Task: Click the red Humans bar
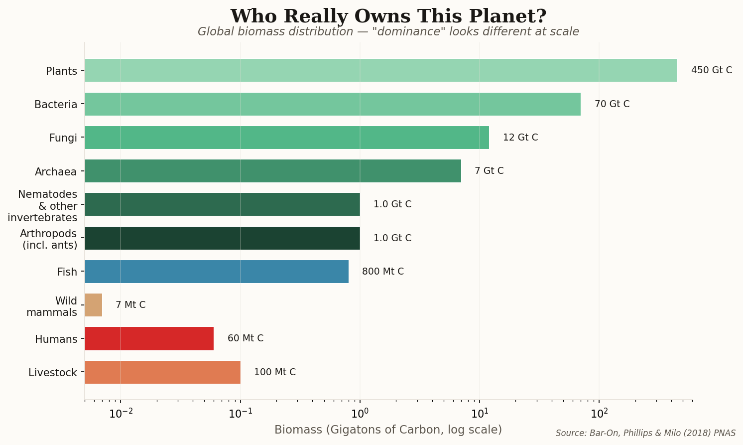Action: (x=149, y=338)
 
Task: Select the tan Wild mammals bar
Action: (x=94, y=305)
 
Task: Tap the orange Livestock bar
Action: (x=162, y=372)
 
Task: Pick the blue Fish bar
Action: (x=217, y=272)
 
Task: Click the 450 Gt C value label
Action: (x=711, y=70)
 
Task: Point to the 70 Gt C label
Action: (x=612, y=104)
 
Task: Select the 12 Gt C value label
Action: (x=520, y=138)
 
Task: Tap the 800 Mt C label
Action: (x=382, y=272)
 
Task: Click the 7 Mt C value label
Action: (x=130, y=305)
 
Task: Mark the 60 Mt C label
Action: (x=245, y=338)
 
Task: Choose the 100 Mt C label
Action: (x=274, y=372)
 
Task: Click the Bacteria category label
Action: (x=56, y=105)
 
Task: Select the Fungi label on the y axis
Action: (x=63, y=138)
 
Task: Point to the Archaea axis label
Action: (x=56, y=172)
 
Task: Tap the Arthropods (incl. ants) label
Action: (x=49, y=239)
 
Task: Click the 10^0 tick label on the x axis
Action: (x=360, y=414)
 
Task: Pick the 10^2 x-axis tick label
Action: (x=599, y=414)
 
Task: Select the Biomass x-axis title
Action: (x=388, y=430)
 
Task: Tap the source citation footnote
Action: (x=645, y=433)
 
